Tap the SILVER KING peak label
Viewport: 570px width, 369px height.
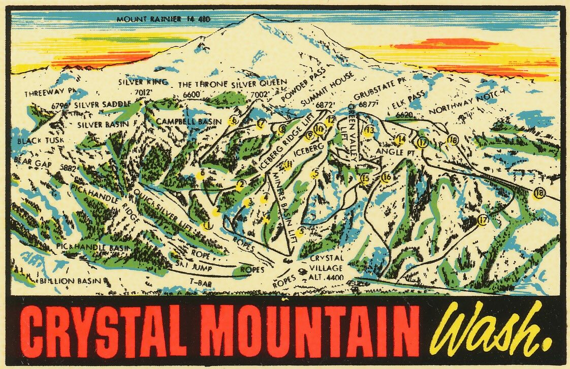(136, 81)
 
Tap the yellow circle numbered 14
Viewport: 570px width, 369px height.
(401, 139)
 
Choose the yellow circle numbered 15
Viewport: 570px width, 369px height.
(364, 178)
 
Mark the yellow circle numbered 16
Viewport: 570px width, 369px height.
(386, 178)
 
